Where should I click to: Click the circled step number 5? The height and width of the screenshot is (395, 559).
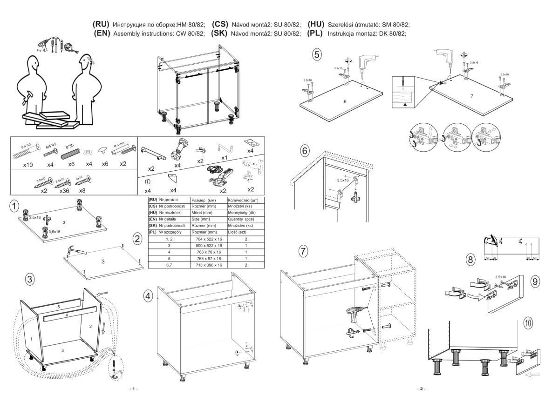317,55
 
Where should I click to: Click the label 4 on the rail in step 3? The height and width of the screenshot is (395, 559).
66,315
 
